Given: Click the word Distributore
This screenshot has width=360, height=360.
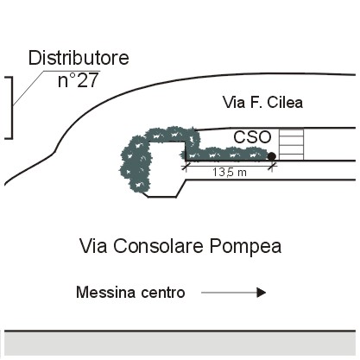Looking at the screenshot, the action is [x=79, y=58].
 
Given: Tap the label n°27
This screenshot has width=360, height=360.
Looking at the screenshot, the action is [x=79, y=80].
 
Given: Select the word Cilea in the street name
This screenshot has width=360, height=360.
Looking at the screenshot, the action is [x=285, y=103].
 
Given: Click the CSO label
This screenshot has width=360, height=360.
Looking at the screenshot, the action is [x=252, y=137].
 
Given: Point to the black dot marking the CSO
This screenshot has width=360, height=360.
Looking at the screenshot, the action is [x=272, y=156].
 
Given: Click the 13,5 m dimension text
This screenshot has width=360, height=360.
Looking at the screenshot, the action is [x=230, y=173].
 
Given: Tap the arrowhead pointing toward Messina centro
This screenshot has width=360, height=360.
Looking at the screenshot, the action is [x=261, y=293].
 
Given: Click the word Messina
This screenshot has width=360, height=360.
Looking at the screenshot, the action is [x=106, y=293].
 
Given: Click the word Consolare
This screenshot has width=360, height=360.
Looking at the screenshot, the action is [x=158, y=246].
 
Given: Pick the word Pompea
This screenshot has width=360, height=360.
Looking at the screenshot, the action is [x=245, y=247].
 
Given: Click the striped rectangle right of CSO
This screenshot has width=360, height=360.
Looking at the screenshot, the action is [x=292, y=144].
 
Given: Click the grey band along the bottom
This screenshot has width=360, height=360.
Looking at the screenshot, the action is [x=180, y=344].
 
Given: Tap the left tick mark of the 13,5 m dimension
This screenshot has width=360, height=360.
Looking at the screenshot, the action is [x=186, y=166].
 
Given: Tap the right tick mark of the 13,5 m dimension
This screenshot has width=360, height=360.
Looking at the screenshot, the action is [x=272, y=166].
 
